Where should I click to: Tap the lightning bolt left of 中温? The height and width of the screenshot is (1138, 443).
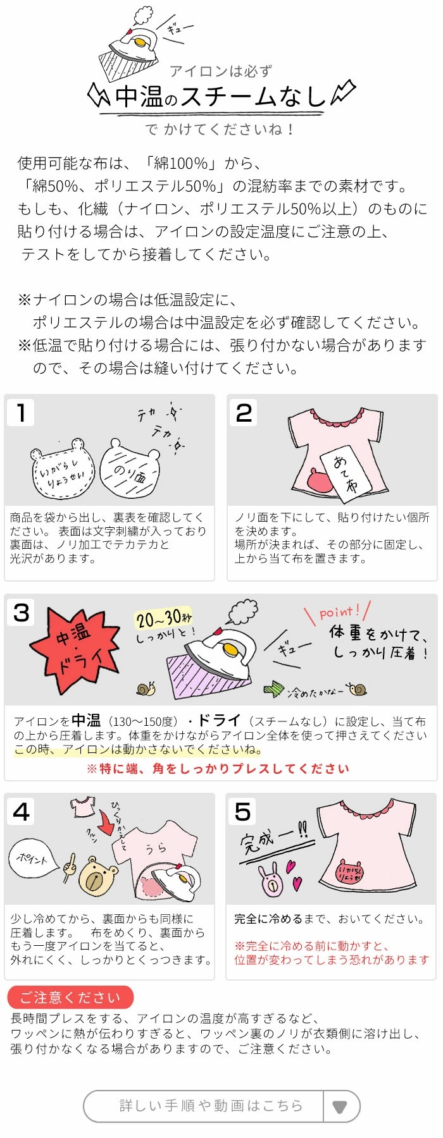pos(99,95)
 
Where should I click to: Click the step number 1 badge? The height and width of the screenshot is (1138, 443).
pos(21,412)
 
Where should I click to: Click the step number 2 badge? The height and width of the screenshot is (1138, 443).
pos(243,412)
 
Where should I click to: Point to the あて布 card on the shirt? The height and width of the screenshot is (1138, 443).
pos(345,470)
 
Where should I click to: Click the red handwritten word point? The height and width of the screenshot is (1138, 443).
pos(339,612)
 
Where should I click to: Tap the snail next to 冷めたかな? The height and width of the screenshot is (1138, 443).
pos(358,690)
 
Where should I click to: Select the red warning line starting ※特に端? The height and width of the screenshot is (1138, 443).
pos(218,769)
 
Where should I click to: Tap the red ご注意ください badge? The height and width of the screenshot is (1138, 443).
pos(70,997)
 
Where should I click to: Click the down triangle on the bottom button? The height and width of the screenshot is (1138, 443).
pos(340,1106)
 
